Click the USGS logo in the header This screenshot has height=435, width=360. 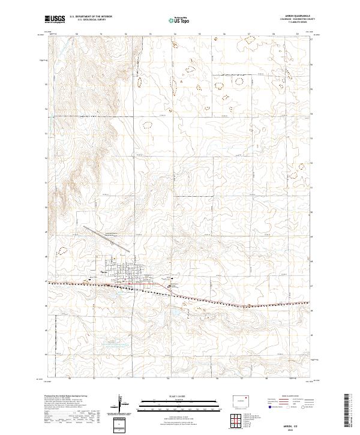coord(55,19)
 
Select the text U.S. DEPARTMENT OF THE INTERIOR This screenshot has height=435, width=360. coord(91,16)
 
